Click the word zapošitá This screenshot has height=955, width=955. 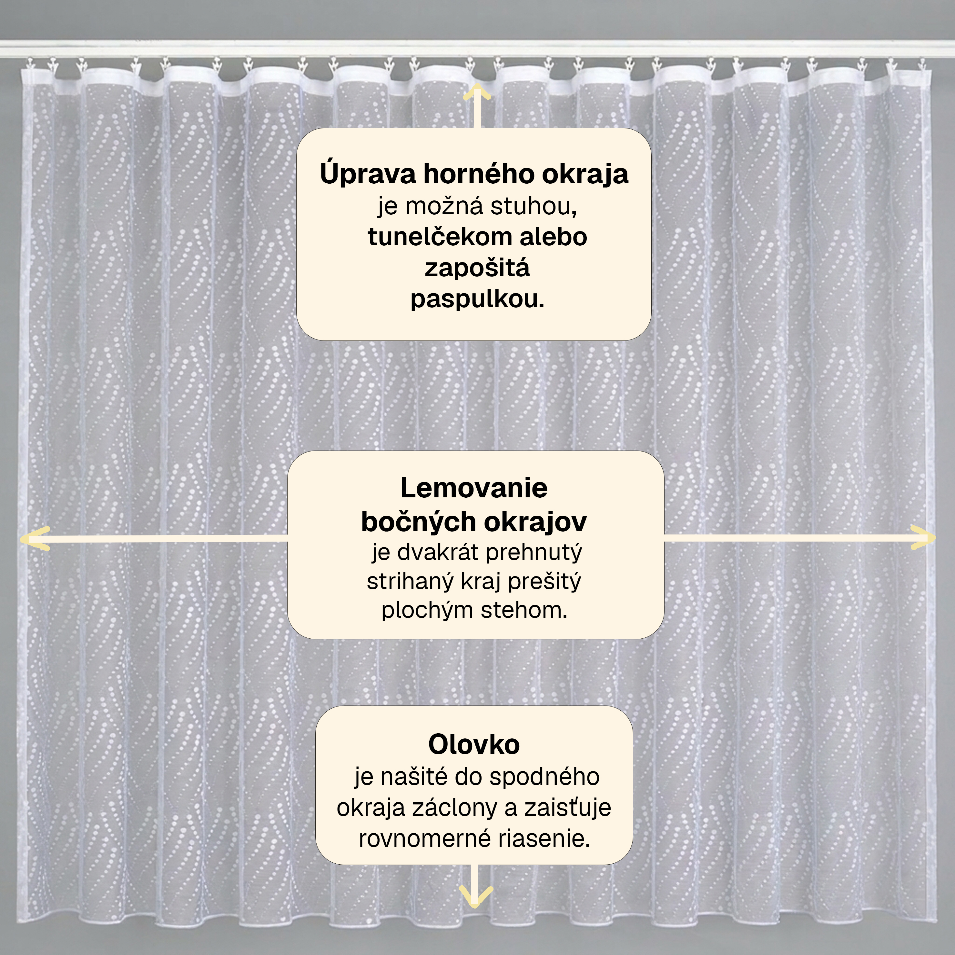477,269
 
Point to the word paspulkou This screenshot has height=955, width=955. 477,300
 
